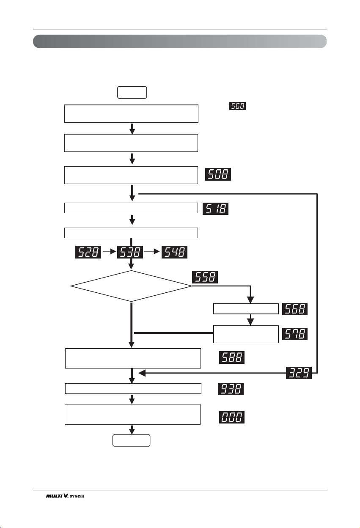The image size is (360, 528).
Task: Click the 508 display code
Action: click(218, 174)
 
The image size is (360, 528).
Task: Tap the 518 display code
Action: click(215, 209)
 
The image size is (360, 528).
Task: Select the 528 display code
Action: click(88, 252)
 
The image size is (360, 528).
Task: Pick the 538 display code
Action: click(130, 252)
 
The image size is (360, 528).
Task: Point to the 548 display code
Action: click(174, 252)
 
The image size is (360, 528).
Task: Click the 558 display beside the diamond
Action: click(205, 277)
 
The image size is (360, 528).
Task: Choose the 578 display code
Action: click(295, 334)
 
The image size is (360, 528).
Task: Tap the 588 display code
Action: click(232, 357)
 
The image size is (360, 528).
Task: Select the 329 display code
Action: click(299, 373)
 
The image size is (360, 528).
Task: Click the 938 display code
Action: click(231, 389)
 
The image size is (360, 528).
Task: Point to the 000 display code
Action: click(232, 417)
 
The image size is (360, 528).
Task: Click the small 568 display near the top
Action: click(238, 106)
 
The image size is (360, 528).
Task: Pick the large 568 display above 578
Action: click(295, 309)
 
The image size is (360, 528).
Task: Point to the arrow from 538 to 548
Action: click(152, 252)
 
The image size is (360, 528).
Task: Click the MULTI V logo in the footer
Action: click(65, 496)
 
